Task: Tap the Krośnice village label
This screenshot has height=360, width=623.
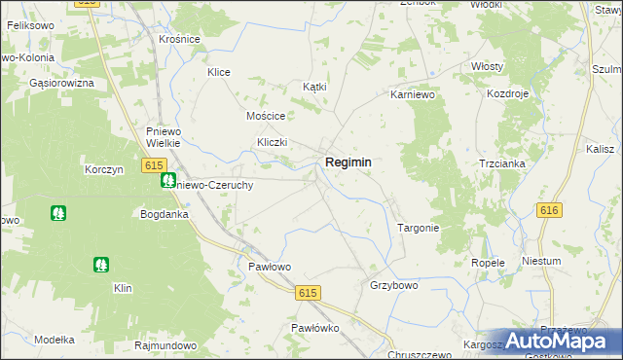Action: [x=179, y=39]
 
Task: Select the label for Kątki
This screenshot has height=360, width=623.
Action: [x=314, y=87]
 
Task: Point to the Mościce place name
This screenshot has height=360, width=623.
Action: [x=265, y=115]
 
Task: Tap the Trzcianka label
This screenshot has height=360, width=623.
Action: [x=501, y=163]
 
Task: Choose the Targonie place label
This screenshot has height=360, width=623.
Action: [x=419, y=228]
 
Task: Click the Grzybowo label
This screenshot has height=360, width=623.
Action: [x=393, y=286]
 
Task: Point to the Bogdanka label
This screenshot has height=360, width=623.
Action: [x=163, y=213]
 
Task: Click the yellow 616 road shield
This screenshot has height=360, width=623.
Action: [x=549, y=210]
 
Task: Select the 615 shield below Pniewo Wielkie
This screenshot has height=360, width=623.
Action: [x=152, y=166]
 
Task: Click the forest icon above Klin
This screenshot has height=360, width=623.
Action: [x=101, y=264]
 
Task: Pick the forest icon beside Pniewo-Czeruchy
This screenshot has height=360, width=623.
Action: [x=168, y=180]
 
